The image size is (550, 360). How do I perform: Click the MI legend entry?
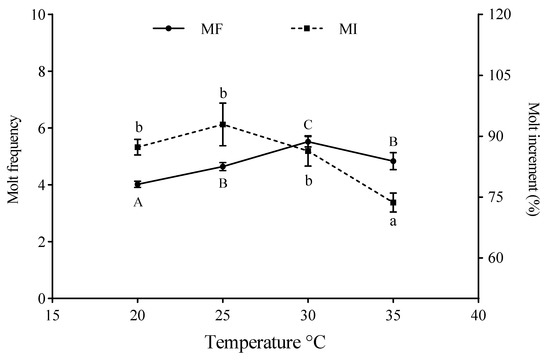coord(311,28)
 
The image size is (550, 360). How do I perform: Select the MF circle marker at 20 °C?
coord(137,184)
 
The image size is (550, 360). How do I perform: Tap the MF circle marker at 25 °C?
coord(222,166)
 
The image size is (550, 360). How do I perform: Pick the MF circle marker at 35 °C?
coord(393,161)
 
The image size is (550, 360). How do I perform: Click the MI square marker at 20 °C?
coord(137,147)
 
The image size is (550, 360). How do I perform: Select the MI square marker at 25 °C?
coord(222,124)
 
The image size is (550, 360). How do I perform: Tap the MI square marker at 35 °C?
coord(393,203)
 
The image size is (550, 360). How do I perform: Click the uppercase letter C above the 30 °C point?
coord(308,125)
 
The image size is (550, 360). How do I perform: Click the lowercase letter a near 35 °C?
coord(393,223)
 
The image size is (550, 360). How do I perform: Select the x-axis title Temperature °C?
coord(265,342)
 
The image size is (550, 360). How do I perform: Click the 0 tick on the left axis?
coord(40,298)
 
